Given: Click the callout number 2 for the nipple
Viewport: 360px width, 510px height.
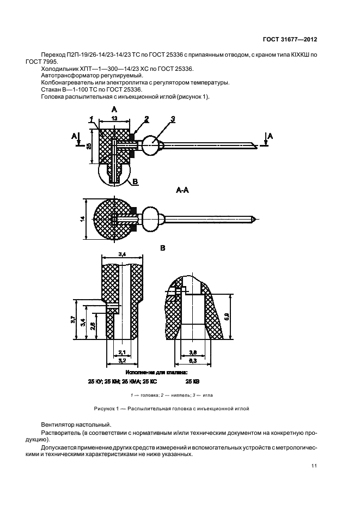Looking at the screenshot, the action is click(x=147, y=119).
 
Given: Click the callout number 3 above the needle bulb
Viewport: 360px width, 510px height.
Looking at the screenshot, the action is click(x=173, y=119).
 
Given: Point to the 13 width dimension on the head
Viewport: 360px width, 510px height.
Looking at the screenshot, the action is click(x=114, y=118).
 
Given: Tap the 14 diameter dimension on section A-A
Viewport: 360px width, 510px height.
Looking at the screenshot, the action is click(x=83, y=219).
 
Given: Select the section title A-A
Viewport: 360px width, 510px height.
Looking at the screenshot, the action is click(x=182, y=190).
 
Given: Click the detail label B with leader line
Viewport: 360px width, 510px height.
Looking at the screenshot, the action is click(x=135, y=182).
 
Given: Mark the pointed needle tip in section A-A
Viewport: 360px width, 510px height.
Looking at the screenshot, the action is click(x=256, y=219).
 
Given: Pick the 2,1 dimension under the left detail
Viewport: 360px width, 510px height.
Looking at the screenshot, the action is click(x=123, y=352).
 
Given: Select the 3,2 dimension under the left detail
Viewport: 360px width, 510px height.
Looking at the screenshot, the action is click(x=123, y=360).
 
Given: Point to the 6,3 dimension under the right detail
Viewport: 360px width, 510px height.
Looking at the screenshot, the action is click(x=192, y=360).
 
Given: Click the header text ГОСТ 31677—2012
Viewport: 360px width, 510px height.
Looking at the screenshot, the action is click(x=290, y=40).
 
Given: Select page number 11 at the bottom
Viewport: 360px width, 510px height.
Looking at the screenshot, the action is click(x=314, y=466).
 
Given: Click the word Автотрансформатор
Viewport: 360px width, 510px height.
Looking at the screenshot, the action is click(x=66, y=76).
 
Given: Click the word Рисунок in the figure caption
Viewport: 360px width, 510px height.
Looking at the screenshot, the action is click(x=103, y=409).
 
